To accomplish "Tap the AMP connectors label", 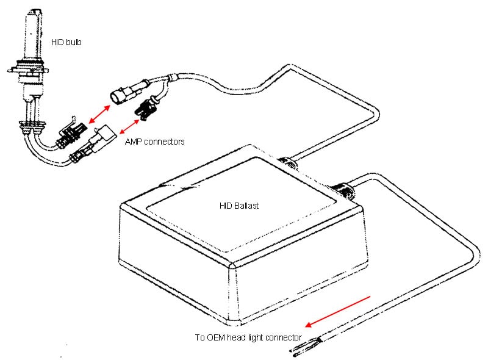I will pyautogui.click(x=154, y=142).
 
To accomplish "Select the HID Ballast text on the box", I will pyautogui.click(x=239, y=206).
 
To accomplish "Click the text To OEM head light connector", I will pyautogui.click(x=248, y=337).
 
